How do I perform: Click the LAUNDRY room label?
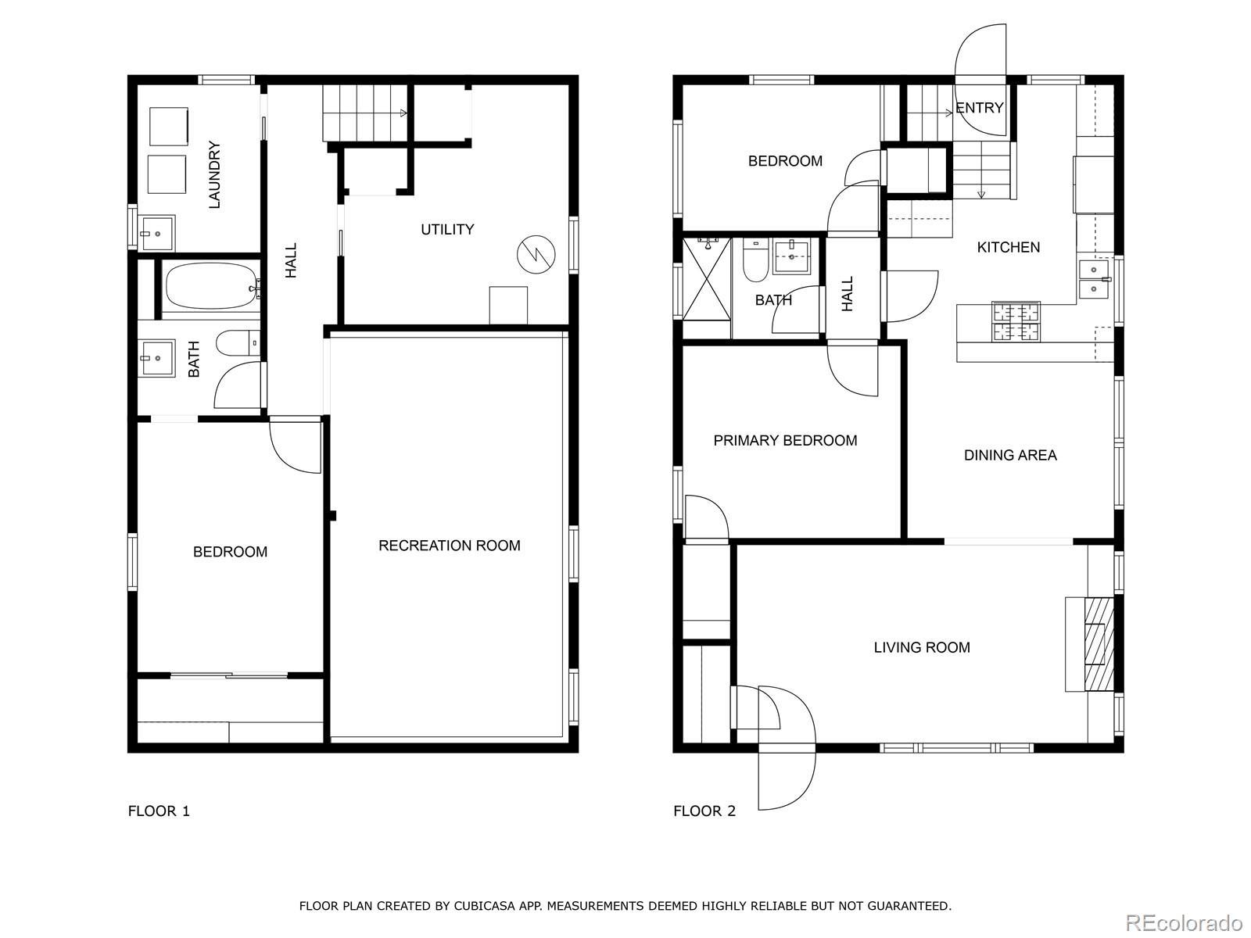point(214,175)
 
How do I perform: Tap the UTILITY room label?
point(447,230)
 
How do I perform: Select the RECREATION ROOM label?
point(450,546)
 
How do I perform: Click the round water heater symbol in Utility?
point(536,254)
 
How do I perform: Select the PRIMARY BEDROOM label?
point(785,441)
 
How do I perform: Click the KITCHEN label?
point(1008,247)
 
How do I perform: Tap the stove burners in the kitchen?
point(1016,322)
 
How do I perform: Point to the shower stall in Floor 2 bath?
point(707,288)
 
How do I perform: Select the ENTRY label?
point(979,108)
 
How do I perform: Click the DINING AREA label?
point(1010,455)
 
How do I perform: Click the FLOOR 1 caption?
point(159,811)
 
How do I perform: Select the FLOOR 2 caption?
point(704,811)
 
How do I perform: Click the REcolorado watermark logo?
point(1185,922)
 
